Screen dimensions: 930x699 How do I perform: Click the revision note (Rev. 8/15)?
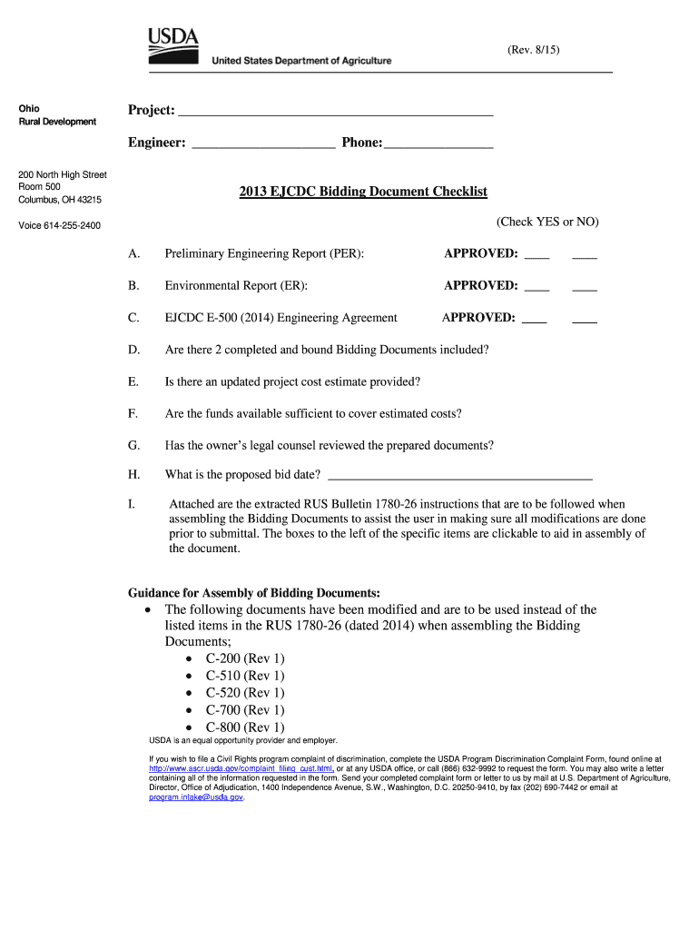[x=534, y=51]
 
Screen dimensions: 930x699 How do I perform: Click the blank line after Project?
[x=336, y=114]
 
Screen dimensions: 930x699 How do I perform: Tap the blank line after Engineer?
[x=264, y=145]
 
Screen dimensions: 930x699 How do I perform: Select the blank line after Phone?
[x=438, y=145]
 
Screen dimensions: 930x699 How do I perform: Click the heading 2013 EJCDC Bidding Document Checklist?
[x=363, y=192]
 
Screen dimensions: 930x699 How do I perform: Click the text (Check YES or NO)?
[x=547, y=222]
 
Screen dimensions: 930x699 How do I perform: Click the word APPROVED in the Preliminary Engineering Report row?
[x=480, y=253]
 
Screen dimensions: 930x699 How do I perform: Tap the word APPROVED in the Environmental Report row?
[x=480, y=285]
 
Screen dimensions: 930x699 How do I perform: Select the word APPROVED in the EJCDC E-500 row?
[x=478, y=318]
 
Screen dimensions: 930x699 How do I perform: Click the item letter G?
[x=133, y=445]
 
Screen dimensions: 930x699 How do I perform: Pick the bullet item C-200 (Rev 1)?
[x=244, y=658]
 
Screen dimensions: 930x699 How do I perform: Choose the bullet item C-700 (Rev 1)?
[x=244, y=710]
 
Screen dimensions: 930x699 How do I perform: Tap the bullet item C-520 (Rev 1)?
[x=244, y=693]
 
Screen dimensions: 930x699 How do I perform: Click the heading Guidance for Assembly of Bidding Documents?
[x=253, y=593]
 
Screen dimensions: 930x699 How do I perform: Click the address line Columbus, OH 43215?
[x=60, y=200]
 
